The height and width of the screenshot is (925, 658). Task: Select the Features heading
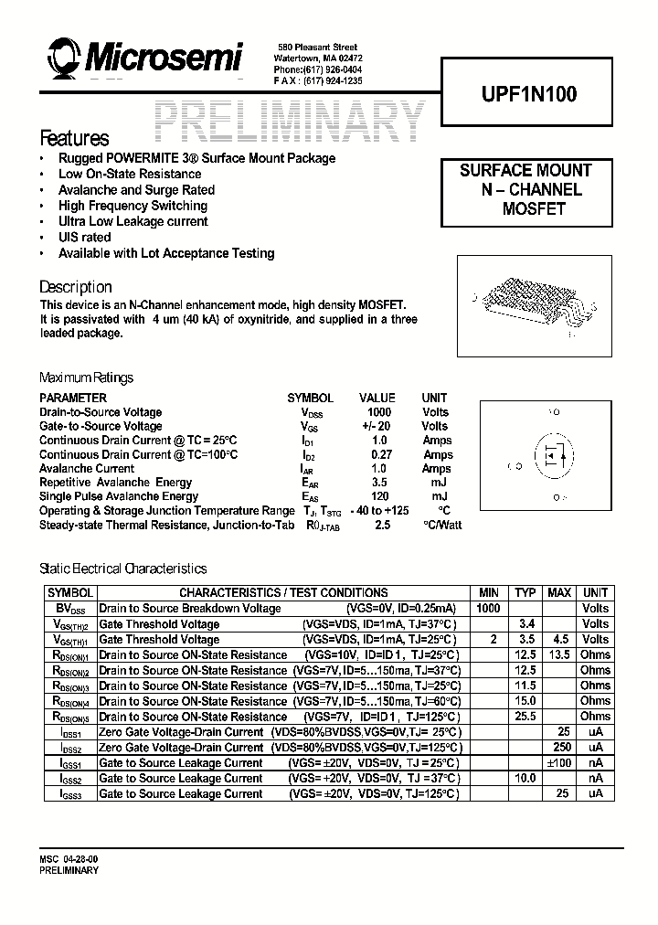pos(74,139)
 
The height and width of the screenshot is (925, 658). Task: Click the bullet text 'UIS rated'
pos(85,238)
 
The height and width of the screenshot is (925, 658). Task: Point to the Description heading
pos(76,287)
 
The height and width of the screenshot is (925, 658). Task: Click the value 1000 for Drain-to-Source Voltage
pos(378,412)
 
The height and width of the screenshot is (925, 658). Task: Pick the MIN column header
pos(488,592)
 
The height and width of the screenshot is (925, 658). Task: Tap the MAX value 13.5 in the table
pos(558,654)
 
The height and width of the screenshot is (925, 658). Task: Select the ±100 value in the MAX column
pos(558,762)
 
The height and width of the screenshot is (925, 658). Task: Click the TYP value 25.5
pos(525,716)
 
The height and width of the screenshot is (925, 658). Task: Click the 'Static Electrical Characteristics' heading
pos(123,569)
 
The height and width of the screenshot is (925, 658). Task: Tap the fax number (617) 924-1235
pos(330,80)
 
